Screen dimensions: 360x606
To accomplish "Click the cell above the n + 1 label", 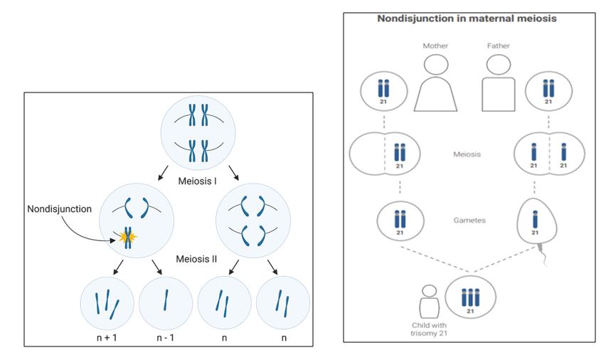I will point(107,302).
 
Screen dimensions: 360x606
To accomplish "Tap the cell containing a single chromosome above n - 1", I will point(166,302).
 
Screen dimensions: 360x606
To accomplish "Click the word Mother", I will point(435,46).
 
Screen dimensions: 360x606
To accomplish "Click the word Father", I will point(498,46).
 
